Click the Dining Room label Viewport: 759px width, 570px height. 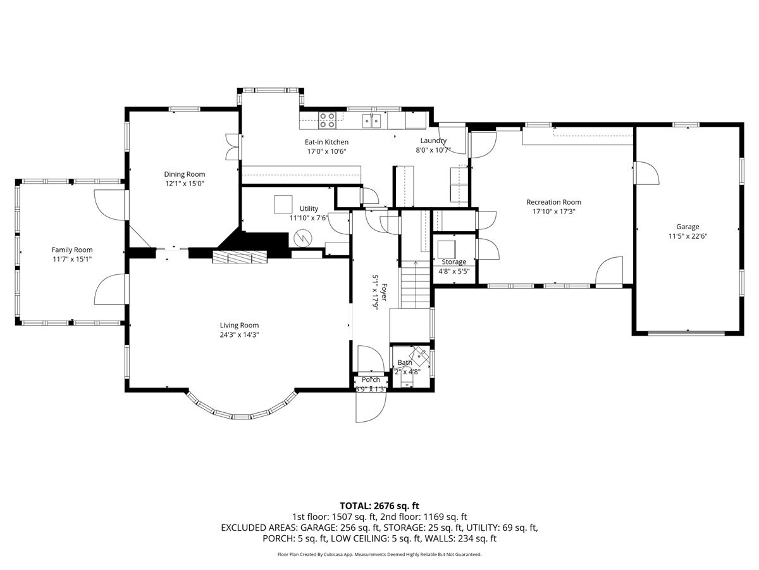click(184, 174)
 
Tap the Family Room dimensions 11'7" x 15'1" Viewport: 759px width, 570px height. click(71, 259)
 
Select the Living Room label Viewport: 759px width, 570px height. click(239, 326)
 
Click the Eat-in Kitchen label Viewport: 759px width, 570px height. click(326, 142)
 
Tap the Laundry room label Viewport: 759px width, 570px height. click(433, 141)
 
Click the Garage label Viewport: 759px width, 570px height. click(688, 227)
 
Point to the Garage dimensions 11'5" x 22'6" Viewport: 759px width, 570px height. click(688, 236)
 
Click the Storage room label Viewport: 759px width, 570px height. click(454, 262)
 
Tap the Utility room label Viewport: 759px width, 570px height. click(309, 208)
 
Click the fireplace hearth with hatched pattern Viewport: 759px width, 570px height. click(240, 256)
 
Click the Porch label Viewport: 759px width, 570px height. click(371, 380)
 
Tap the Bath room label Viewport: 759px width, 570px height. click(404, 363)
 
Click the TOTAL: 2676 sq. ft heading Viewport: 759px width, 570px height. click(379, 505)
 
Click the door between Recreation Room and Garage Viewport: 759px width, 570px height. click(645, 172)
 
